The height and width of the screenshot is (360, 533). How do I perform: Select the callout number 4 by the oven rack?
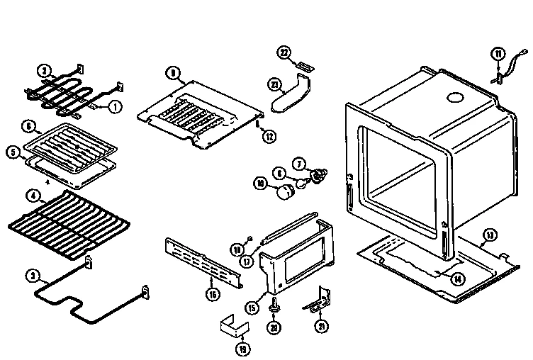pos(32,196)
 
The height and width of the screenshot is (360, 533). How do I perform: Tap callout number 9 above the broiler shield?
pos(172,72)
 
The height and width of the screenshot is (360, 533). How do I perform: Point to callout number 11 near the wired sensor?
pos(498,54)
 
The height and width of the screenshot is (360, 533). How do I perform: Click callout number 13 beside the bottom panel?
pos(489,235)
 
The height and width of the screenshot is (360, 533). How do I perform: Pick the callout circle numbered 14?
pos(459,278)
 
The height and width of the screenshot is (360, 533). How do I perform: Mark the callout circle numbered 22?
pos(284,54)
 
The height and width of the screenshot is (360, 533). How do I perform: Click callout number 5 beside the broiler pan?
pos(12,151)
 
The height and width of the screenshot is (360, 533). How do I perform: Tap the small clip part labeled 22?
pos(305,67)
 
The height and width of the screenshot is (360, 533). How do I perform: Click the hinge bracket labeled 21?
pos(320,300)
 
